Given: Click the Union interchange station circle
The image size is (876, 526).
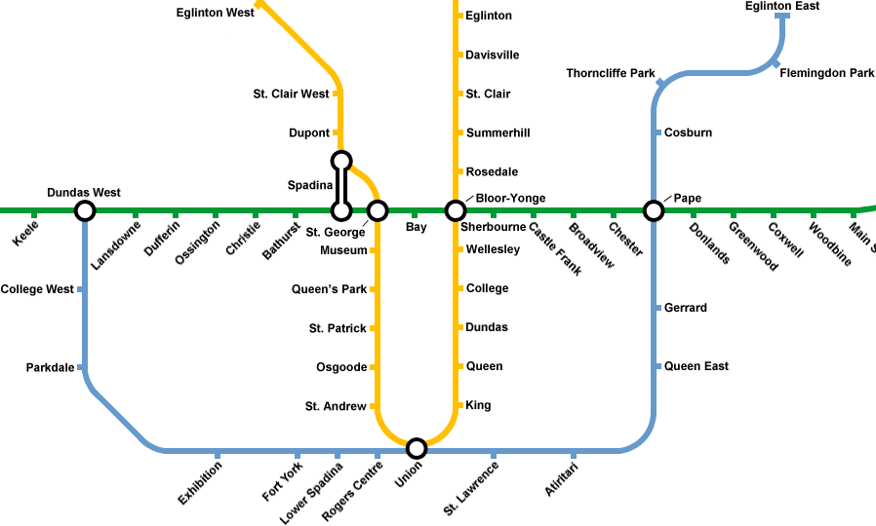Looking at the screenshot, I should (x=417, y=448).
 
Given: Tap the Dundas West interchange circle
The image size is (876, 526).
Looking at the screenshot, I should (x=85, y=210).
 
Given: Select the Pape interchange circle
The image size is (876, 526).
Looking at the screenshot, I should (x=654, y=210).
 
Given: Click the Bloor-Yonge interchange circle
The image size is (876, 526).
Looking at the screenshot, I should (x=455, y=210).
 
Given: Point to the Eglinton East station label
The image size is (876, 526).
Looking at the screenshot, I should (x=782, y=6).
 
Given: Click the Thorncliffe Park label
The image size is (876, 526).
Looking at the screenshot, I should (x=611, y=73).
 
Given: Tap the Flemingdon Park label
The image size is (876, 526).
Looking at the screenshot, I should (x=827, y=73).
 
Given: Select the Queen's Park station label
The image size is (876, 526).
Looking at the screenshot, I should (x=329, y=289).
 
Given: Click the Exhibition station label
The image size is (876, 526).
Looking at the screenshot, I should (x=200, y=483).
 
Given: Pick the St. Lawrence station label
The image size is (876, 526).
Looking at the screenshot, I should (x=471, y=488).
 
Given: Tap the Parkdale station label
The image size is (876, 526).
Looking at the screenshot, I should (x=50, y=367).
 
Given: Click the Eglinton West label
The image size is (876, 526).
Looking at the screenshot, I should (x=215, y=13).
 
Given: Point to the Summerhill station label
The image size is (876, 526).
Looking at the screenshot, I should (x=498, y=132).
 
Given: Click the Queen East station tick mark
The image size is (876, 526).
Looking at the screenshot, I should (x=657, y=366).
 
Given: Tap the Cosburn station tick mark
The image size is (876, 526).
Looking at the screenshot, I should (x=657, y=132).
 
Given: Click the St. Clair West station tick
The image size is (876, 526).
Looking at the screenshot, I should (x=336, y=94).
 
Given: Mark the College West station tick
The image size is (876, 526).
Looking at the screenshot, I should (x=80, y=289).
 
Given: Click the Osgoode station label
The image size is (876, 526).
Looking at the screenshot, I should (x=341, y=367).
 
